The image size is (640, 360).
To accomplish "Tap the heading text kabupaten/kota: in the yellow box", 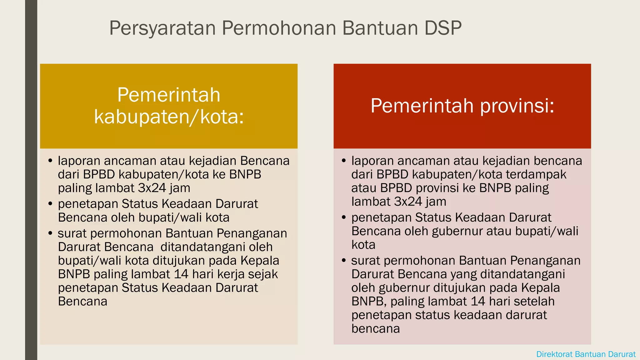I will point(169,117).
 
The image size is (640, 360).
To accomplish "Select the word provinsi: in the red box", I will point(517,106).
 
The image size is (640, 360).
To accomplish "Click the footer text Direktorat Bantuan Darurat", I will point(586,354).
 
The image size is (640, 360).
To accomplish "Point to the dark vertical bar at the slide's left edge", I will point(31,180).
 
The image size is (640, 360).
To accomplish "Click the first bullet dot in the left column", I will point(50,161).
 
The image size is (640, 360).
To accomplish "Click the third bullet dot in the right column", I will point(344,261).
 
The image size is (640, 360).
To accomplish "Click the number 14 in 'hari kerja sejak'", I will point(181,274).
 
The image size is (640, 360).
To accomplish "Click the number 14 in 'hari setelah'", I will point(478,302).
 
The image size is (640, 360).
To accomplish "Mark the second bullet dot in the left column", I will point(50,204).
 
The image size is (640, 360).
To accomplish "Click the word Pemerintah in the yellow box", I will point(169,95).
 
